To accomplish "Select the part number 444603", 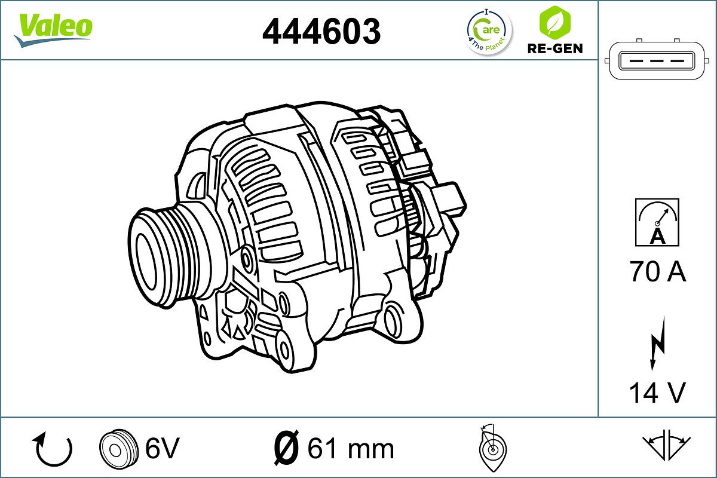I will (x=321, y=31).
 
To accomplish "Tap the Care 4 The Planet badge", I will (x=489, y=31).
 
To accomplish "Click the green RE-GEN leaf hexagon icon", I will (x=554, y=22).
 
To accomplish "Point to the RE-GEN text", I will (x=554, y=48).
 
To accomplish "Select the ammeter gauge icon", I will (x=657, y=222).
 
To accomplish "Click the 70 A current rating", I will (x=657, y=272).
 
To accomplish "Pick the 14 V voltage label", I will (x=657, y=393).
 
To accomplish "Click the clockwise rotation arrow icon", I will (x=54, y=449).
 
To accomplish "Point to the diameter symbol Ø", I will (x=286, y=448).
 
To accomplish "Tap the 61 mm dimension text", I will (x=351, y=448).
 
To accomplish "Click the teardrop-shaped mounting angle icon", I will (x=492, y=448).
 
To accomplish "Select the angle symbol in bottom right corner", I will (x=666, y=446).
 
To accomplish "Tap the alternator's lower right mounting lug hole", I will (x=395, y=320).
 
